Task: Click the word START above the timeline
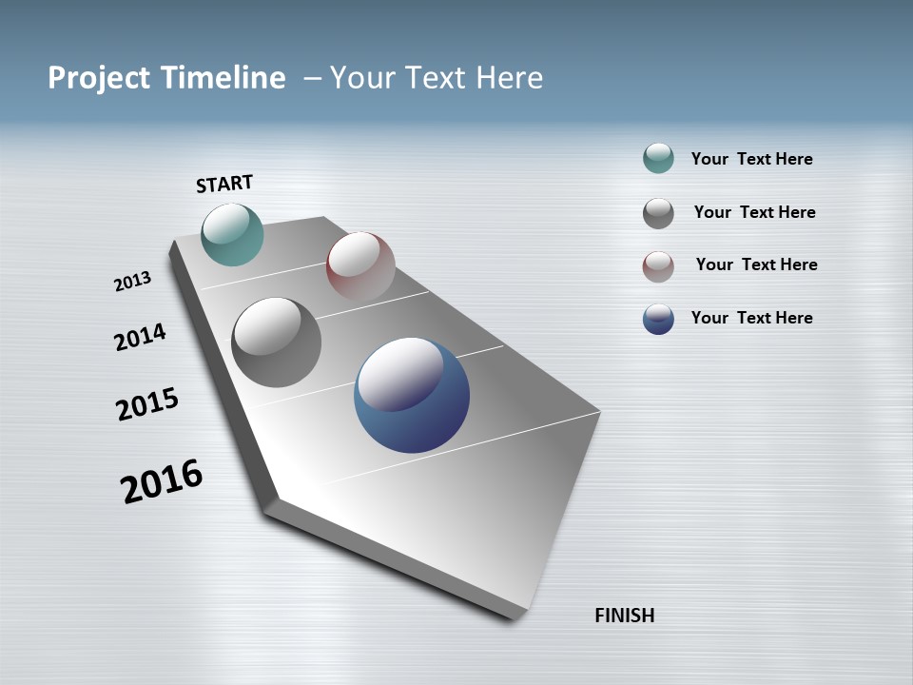pyautogui.click(x=224, y=184)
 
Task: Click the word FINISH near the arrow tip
pyautogui.click(x=624, y=616)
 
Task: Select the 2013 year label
pyautogui.click(x=132, y=282)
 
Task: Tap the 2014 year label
pyautogui.click(x=140, y=337)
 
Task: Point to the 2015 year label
pyautogui.click(x=146, y=404)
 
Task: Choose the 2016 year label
pyautogui.click(x=162, y=482)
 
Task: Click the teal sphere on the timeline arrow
pyautogui.click(x=232, y=234)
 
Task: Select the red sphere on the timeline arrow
pyautogui.click(x=360, y=265)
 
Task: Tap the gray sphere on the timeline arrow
pyautogui.click(x=277, y=342)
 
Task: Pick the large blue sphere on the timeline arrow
pyautogui.click(x=412, y=395)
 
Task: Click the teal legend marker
pyautogui.click(x=658, y=159)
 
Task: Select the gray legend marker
pyautogui.click(x=658, y=213)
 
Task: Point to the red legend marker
pyautogui.click(x=658, y=266)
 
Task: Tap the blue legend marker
pyautogui.click(x=658, y=319)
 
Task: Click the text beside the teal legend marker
pyautogui.click(x=751, y=160)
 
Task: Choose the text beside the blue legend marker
pyautogui.click(x=751, y=318)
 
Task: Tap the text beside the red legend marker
pyautogui.click(x=756, y=264)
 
